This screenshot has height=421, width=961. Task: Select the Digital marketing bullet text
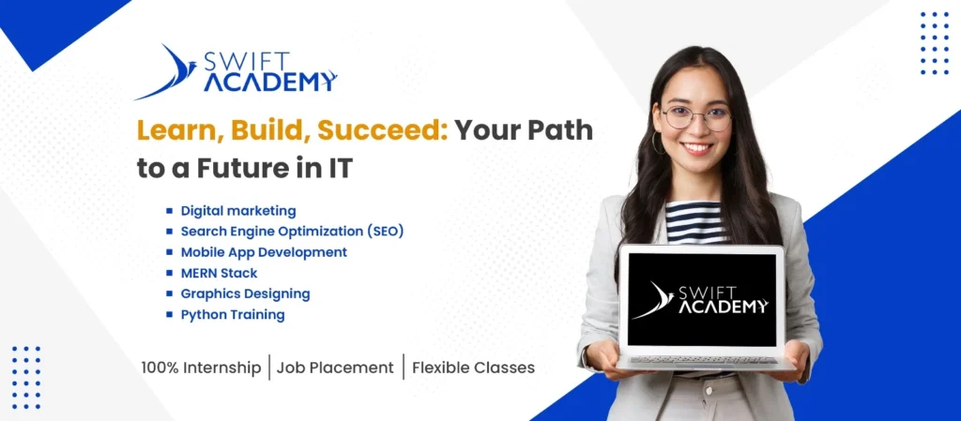point(238,211)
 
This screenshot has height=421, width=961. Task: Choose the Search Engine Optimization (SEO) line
point(293,232)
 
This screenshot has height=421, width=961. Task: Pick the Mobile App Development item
point(264,252)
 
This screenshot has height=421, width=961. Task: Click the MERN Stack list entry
point(219,273)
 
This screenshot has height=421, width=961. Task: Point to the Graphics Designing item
point(245,293)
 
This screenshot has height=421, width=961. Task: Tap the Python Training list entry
point(233,314)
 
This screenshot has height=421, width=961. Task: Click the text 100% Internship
point(201,368)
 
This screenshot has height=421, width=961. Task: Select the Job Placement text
point(335,368)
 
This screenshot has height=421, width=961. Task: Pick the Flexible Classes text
point(473,368)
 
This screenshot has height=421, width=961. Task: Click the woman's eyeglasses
point(695,117)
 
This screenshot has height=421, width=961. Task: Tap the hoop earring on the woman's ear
point(656,143)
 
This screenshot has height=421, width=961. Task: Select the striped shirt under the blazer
point(695,223)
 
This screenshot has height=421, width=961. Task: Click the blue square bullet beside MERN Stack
point(170,273)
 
